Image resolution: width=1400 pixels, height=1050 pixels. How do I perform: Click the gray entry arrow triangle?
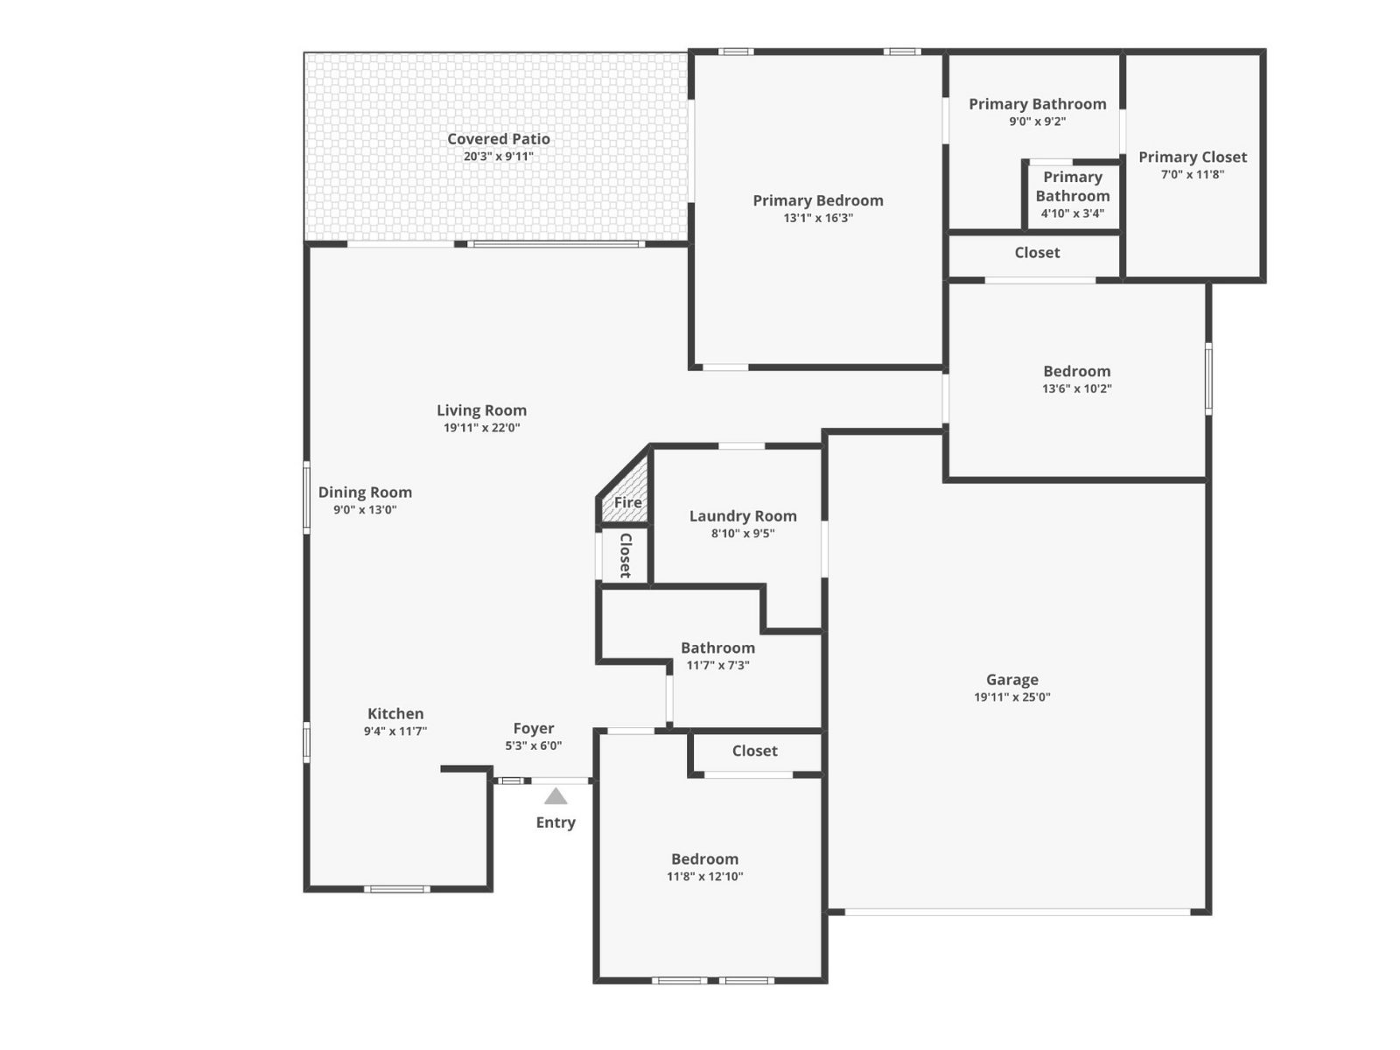[x=556, y=796]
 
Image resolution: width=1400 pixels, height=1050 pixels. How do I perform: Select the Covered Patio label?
[x=499, y=139]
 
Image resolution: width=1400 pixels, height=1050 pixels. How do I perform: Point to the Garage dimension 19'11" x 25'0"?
[x=1012, y=696]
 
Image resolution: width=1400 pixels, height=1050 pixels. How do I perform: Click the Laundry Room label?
[x=743, y=515]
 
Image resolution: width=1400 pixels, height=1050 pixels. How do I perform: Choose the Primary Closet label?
[x=1193, y=157]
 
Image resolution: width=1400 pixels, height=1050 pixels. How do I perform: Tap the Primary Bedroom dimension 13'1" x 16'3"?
[x=818, y=218]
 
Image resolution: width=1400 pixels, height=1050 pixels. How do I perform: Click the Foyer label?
[x=534, y=728]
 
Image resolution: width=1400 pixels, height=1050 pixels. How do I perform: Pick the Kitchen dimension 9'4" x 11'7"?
[x=395, y=731]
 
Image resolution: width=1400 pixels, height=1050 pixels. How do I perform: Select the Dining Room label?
[x=365, y=492]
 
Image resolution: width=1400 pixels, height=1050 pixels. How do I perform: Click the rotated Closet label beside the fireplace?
[x=626, y=556]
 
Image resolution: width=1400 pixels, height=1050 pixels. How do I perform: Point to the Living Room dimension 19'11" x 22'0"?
[x=482, y=428]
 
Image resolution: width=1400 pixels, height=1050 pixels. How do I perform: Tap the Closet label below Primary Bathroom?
[x=1037, y=253]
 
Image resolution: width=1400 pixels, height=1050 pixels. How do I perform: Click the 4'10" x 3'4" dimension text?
[x=1073, y=213]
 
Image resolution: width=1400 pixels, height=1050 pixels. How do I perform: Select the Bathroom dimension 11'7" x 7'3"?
[x=718, y=666]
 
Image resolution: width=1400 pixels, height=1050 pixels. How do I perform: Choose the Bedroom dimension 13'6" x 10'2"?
[x=1077, y=388]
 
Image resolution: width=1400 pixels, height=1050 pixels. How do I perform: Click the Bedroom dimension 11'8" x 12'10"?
[x=704, y=877]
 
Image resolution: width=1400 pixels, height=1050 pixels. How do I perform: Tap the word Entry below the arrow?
[x=556, y=822]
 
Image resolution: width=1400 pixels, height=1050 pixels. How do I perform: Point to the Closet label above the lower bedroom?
[x=754, y=751]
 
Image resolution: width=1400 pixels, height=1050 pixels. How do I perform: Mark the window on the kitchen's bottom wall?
[x=396, y=889]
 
